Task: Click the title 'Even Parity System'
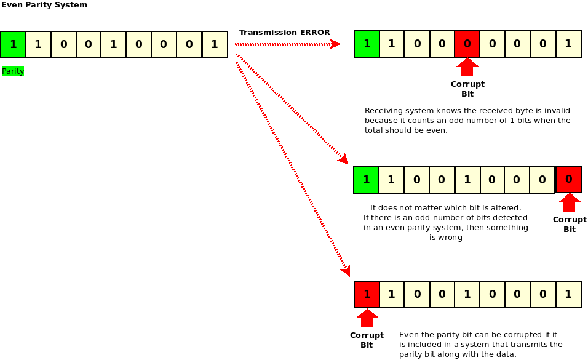[x=44, y=5]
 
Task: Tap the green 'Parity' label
[x=13, y=71]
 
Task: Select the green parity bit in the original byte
[x=13, y=44]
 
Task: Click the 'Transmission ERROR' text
[x=284, y=33]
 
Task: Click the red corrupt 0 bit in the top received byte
[x=467, y=44]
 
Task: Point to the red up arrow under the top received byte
[x=467, y=66]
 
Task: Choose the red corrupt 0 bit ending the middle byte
[x=569, y=179]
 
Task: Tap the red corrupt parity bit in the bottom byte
[x=367, y=294]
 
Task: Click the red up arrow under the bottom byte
[x=367, y=318]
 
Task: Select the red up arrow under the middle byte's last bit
[x=570, y=202]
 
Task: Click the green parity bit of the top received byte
[x=367, y=44]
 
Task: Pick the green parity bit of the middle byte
[x=367, y=180]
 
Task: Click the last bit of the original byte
[x=215, y=44]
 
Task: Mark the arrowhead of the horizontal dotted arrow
[x=335, y=44]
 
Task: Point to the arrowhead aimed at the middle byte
[x=343, y=160]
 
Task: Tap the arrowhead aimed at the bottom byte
[x=346, y=271]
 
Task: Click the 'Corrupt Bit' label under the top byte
[x=467, y=89]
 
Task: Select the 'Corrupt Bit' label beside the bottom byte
[x=367, y=340]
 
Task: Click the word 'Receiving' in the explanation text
[x=382, y=111]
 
